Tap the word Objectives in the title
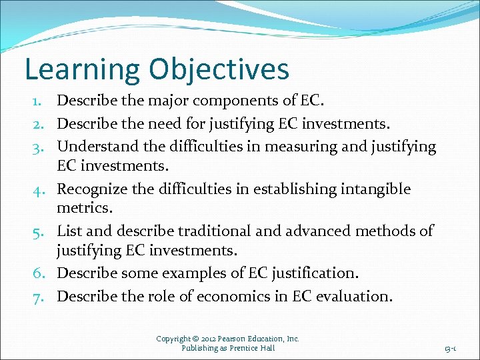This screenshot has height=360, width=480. tap(219, 70)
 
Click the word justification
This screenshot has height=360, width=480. tap(313, 274)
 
